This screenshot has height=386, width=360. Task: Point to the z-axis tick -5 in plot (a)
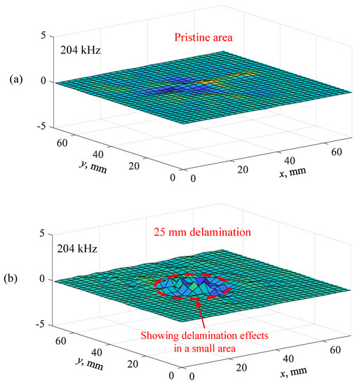point(41,126)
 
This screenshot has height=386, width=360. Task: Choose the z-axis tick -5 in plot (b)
point(41,325)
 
